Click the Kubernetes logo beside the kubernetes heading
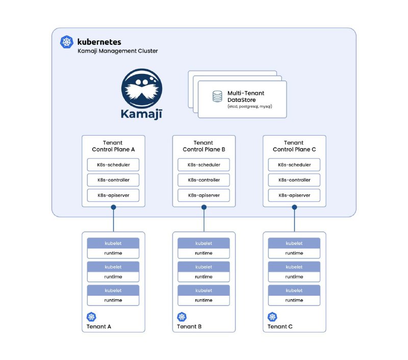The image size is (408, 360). [67, 42]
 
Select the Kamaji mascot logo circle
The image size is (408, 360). [142, 88]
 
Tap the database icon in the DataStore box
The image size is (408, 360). [217, 96]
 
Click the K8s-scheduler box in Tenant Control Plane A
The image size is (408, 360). [113, 165]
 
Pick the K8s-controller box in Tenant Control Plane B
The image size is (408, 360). [203, 180]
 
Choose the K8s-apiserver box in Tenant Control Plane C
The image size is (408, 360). [294, 195]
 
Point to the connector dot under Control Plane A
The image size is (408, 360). [113, 208]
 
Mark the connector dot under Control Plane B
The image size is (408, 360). [204, 208]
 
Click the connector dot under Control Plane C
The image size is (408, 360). [295, 208]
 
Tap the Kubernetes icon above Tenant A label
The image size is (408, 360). [91, 317]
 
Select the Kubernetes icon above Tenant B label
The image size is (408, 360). [182, 317]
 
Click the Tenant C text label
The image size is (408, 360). [280, 327]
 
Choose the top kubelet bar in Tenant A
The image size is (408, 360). [113, 243]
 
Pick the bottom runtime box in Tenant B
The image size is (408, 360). [203, 300]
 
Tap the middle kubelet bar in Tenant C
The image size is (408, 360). [294, 267]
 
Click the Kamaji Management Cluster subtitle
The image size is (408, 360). [118, 51]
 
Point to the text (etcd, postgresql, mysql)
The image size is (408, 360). [250, 107]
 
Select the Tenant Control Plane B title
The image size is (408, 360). [203, 146]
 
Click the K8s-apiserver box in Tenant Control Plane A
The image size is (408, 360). [113, 195]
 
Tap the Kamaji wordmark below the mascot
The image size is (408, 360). [142, 114]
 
